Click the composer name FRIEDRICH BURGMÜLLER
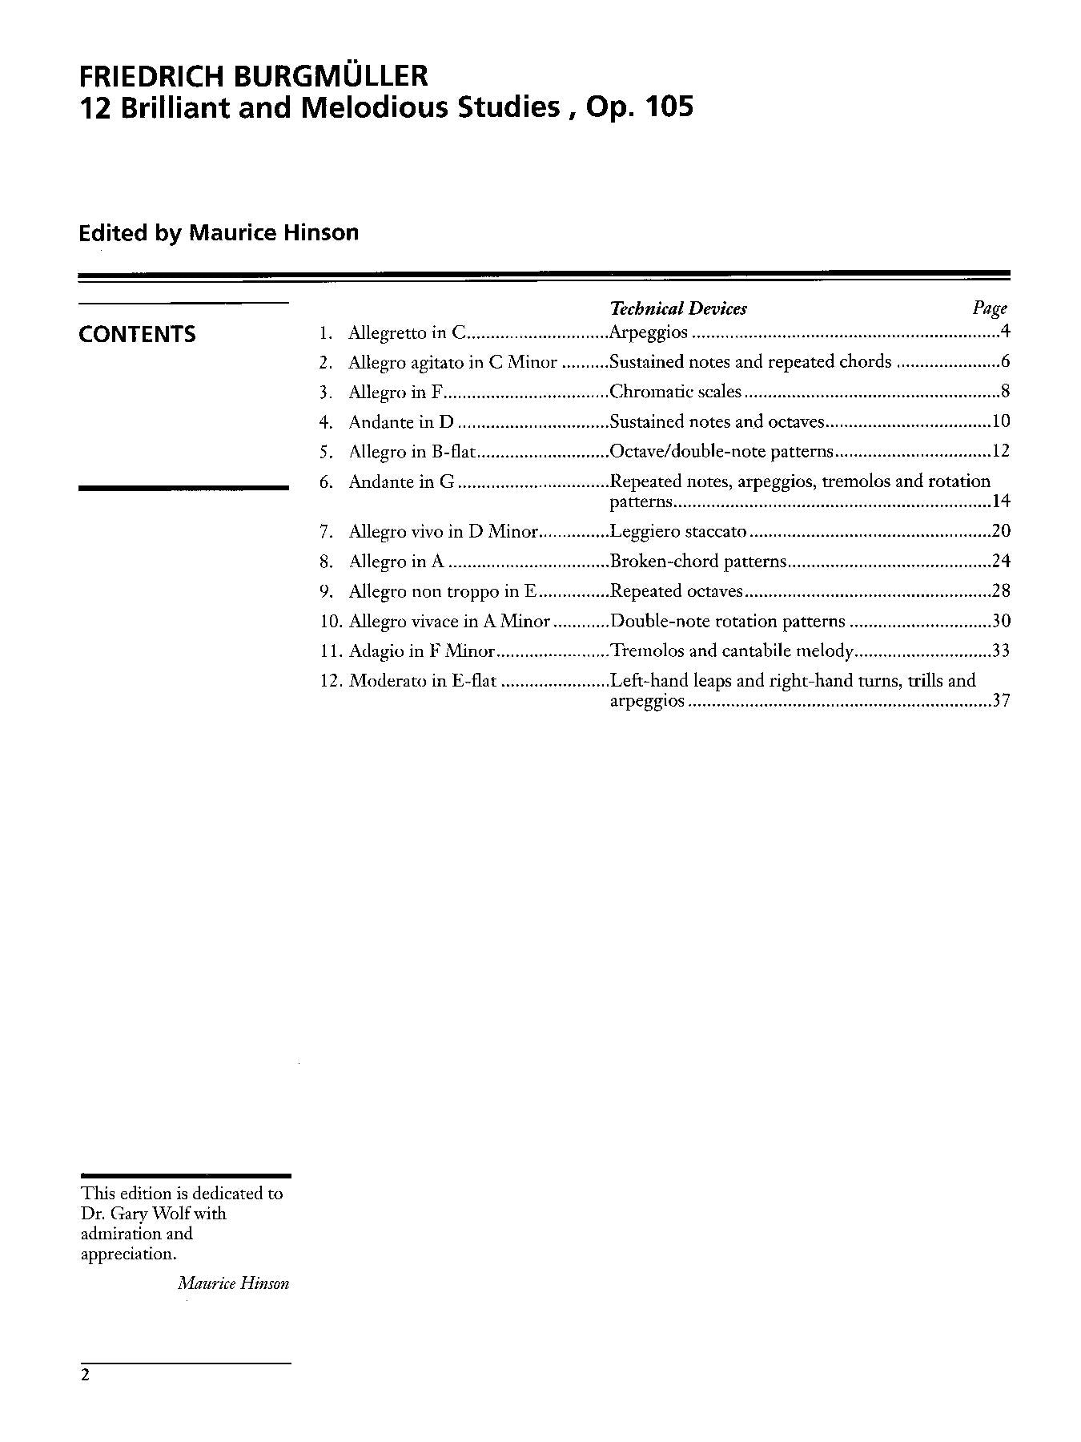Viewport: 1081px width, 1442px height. coord(253,76)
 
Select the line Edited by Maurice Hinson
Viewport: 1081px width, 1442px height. coord(219,233)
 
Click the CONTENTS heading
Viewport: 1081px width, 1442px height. coord(137,334)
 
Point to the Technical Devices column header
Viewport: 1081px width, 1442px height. coord(678,308)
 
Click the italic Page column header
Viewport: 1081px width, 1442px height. coord(990,308)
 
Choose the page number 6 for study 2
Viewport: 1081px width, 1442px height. coord(1005,362)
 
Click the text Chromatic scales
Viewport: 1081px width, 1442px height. coord(676,392)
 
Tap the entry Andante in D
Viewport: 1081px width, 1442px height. coord(401,422)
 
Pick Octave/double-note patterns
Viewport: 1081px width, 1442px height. coord(721,451)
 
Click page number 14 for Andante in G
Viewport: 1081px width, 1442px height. coord(1001,502)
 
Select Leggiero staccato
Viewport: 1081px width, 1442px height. coord(678,531)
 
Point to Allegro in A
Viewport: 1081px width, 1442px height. coord(396,562)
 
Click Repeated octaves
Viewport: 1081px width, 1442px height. coord(677,591)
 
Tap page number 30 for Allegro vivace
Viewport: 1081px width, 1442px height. coord(1001,621)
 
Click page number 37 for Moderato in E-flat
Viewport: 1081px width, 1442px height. coord(1001,701)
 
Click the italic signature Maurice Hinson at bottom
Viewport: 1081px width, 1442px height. coord(233,1283)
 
